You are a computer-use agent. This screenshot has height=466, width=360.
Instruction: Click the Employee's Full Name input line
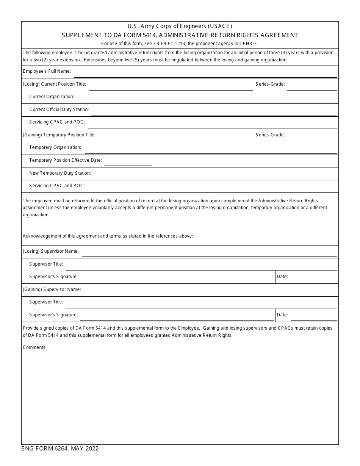[205, 72]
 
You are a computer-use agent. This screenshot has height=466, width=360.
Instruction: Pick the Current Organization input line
[207, 97]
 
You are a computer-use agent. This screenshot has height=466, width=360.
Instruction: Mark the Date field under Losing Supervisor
[314, 277]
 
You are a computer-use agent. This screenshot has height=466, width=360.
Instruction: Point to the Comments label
[34, 347]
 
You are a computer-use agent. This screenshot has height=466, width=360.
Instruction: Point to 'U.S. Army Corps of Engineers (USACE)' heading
[180, 27]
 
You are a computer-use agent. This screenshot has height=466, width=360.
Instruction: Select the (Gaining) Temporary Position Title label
[59, 135]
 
